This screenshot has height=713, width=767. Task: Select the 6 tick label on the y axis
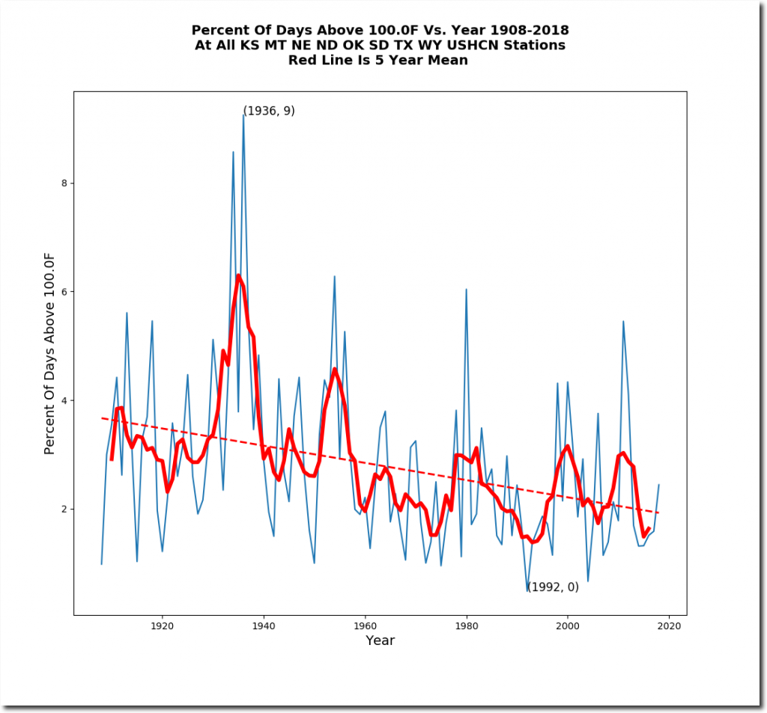64,292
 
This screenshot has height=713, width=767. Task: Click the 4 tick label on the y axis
64,400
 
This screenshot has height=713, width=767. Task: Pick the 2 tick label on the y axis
64,509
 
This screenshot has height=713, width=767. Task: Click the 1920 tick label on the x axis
162,625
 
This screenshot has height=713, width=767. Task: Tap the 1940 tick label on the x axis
263,625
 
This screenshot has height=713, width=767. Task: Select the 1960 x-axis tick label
365,625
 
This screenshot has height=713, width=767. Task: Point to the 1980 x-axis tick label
466,625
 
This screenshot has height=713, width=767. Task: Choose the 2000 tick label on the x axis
568,625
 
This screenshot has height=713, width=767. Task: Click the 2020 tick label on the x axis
669,625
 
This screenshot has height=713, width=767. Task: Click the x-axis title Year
380,640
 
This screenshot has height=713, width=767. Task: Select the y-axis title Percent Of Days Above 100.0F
50,353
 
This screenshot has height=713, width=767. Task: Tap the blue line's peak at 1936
243,114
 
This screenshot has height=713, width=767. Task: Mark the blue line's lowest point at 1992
527,591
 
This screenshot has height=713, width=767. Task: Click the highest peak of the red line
238,275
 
